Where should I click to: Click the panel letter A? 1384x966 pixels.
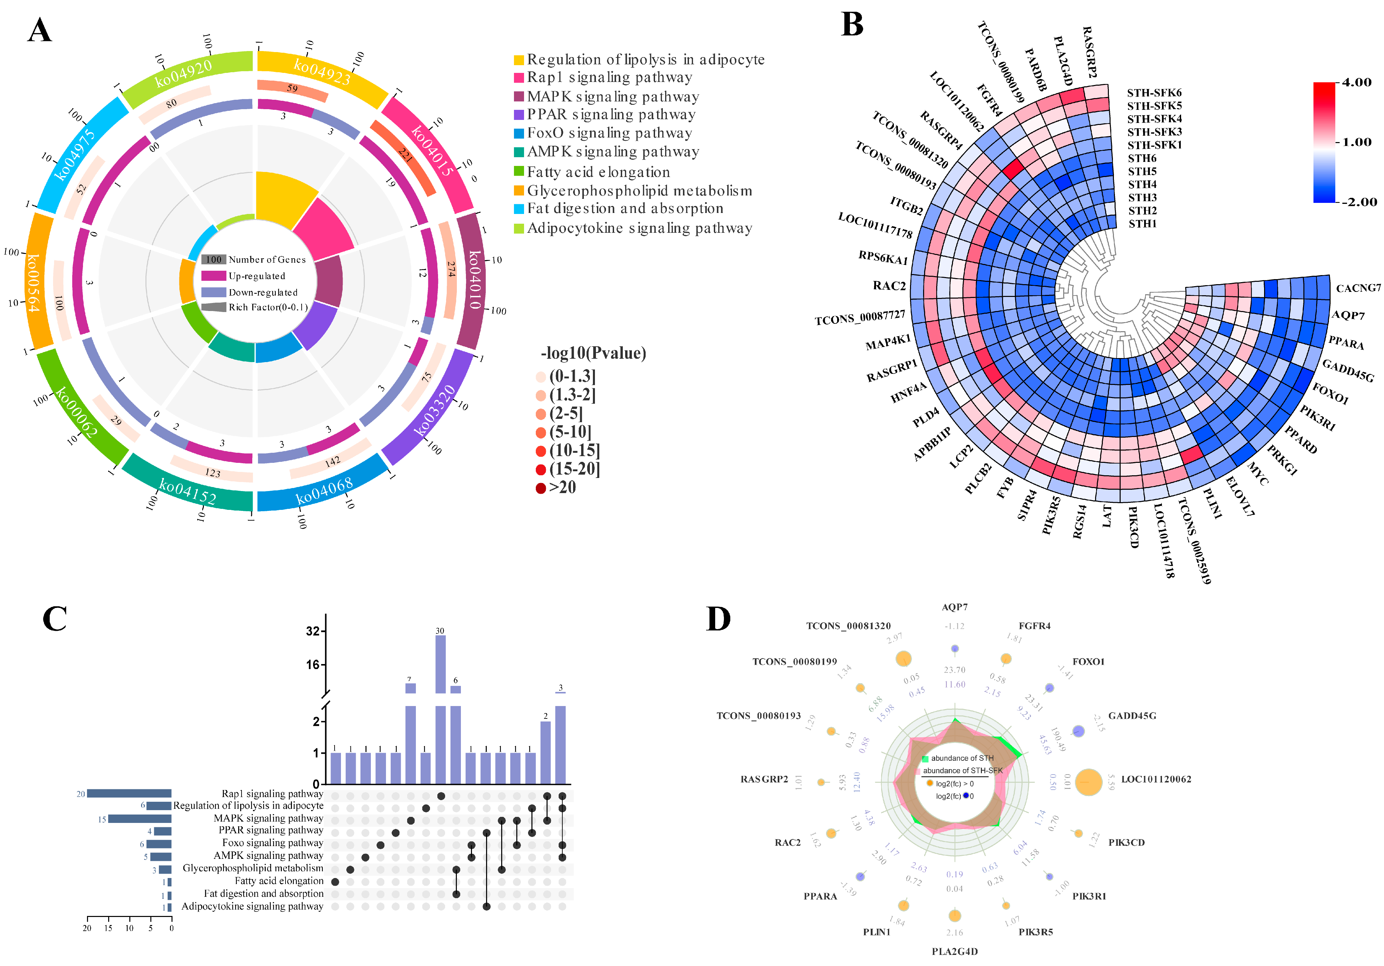click(40, 30)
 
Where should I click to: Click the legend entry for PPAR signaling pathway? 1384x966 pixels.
click(611, 115)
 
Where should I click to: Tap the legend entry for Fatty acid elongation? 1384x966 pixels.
click(598, 172)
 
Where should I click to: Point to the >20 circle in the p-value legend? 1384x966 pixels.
click(541, 488)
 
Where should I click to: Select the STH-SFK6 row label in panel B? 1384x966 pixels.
click(1154, 93)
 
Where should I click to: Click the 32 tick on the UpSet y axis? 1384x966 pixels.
click(312, 631)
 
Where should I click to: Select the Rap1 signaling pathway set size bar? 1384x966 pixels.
click(129, 794)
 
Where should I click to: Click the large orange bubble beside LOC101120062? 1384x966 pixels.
click(1088, 782)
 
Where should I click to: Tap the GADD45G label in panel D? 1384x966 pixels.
click(1132, 716)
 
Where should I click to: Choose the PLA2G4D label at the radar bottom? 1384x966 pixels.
click(955, 952)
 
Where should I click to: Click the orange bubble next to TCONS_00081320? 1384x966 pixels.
click(903, 659)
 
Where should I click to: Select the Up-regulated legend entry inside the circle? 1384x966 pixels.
click(256, 276)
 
